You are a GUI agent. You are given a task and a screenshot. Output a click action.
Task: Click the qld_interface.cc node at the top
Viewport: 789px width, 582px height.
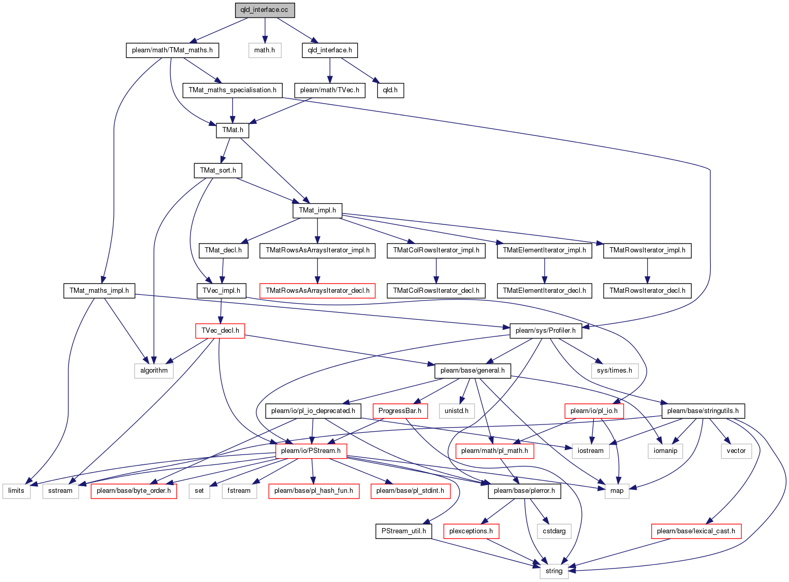pyautogui.click(x=265, y=10)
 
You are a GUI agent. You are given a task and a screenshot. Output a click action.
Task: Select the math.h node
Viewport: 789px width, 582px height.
pyautogui.click(x=265, y=50)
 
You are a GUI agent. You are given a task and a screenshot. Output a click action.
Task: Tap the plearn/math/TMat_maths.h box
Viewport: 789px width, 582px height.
pyautogui.click(x=172, y=50)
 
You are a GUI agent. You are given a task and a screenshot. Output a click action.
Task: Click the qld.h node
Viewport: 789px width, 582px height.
pyautogui.click(x=390, y=90)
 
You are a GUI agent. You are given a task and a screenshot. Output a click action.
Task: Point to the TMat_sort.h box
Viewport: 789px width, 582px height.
pyautogui.click(x=218, y=170)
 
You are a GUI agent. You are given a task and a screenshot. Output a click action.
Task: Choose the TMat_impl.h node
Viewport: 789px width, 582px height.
pyautogui.click(x=317, y=210)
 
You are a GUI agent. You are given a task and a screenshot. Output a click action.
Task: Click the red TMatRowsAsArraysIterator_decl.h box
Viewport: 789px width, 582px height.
pyautogui.click(x=317, y=291)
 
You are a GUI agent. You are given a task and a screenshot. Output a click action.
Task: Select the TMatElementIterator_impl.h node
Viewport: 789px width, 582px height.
pyautogui.click(x=544, y=250)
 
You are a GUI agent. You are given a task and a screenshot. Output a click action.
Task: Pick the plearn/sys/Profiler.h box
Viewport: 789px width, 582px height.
pyautogui.click(x=546, y=331)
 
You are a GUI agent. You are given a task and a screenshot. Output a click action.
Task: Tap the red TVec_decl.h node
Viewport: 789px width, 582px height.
pyautogui.click(x=220, y=331)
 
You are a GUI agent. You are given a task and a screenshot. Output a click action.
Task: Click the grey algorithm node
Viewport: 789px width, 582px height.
pyautogui.click(x=154, y=371)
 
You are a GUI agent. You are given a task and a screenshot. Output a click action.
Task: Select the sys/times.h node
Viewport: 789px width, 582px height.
pyautogui.click(x=615, y=371)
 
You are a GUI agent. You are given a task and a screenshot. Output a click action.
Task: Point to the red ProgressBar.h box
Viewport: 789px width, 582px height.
pyautogui.click(x=400, y=411)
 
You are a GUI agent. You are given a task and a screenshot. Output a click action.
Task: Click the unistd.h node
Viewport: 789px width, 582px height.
pyautogui.click(x=457, y=411)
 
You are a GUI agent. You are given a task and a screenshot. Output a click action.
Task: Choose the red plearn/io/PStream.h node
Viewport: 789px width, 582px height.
pyautogui.click(x=311, y=451)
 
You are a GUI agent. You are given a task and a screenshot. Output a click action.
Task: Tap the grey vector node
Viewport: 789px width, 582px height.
pyautogui.click(x=736, y=451)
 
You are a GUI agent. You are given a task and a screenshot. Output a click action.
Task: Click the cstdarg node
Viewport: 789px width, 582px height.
pyautogui.click(x=554, y=531)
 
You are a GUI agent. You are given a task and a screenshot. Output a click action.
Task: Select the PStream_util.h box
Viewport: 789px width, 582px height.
pyautogui.click(x=404, y=531)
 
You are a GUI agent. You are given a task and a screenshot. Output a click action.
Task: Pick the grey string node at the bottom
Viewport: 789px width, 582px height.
pyautogui.click(x=554, y=571)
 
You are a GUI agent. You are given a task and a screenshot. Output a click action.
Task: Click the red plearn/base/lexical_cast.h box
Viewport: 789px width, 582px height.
pyautogui.click(x=696, y=531)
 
